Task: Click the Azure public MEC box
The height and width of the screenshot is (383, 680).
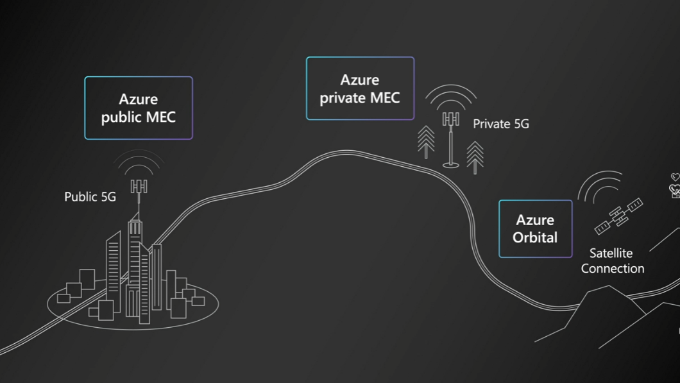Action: [139, 108]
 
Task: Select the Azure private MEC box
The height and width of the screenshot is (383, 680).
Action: [360, 89]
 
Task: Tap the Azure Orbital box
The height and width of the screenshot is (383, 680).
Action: [535, 228]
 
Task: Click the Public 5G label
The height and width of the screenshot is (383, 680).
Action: [90, 197]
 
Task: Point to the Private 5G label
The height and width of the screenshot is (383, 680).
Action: [501, 124]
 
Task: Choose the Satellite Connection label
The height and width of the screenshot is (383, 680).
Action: [613, 260]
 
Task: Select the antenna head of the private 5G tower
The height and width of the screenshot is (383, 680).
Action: [451, 119]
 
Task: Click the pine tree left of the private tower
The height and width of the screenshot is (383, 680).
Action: [426, 141]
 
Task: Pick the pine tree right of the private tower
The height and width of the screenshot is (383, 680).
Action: [475, 156]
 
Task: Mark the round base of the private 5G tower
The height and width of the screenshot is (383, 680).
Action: [451, 166]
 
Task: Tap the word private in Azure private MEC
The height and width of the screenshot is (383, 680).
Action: [343, 98]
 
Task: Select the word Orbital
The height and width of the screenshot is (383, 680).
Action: [535, 237]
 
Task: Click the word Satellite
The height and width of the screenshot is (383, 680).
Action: [611, 253]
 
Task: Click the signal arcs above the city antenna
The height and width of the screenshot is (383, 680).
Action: [139, 166]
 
